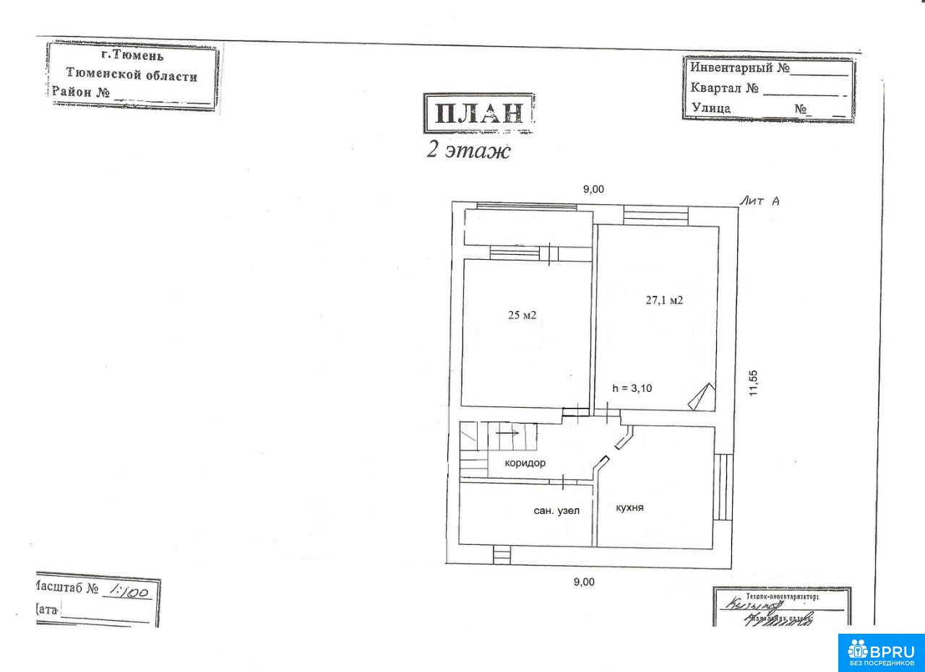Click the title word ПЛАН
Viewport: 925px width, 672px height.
(478, 114)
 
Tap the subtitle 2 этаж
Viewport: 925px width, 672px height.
(468, 151)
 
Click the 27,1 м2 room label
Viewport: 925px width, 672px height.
(664, 300)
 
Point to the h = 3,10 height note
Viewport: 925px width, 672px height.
(632, 388)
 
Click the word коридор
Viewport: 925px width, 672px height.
(525, 463)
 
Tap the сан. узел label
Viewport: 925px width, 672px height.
(556, 510)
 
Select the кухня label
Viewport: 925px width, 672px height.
(629, 507)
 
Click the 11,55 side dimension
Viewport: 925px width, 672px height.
(753, 383)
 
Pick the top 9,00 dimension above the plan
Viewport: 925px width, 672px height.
(593, 189)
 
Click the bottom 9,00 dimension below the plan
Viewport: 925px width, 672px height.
(584, 582)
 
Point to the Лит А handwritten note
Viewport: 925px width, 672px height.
(759, 202)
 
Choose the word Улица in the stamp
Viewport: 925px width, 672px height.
(711, 108)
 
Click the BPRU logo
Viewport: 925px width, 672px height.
(881, 652)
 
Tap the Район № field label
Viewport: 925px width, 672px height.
(80, 92)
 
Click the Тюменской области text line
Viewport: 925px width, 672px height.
(131, 74)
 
